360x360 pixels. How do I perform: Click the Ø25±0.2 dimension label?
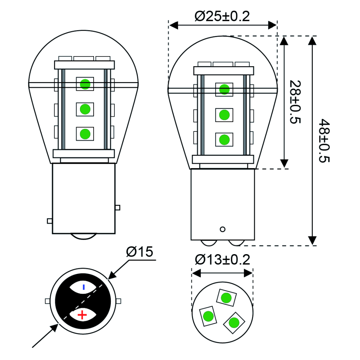pos(222,17)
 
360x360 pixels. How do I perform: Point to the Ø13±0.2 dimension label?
pos(222,260)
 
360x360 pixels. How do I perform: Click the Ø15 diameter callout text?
pos(140,252)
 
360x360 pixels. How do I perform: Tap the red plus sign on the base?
pos(83,315)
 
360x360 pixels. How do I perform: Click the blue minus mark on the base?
pos(84,287)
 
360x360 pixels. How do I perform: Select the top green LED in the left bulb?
pos(85,84)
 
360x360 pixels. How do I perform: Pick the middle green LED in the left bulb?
pos(85,109)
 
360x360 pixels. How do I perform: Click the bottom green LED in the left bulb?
pos(85,134)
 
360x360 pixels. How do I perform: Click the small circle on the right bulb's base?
pos(222,229)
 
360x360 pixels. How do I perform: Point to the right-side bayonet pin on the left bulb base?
pos(118,208)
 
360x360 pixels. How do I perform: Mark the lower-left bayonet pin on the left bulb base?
pos(50,221)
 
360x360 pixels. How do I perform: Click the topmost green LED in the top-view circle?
pos(226,298)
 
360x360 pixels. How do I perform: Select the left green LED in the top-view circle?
pos(208,316)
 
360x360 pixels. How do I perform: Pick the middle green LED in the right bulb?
pos(224,115)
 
